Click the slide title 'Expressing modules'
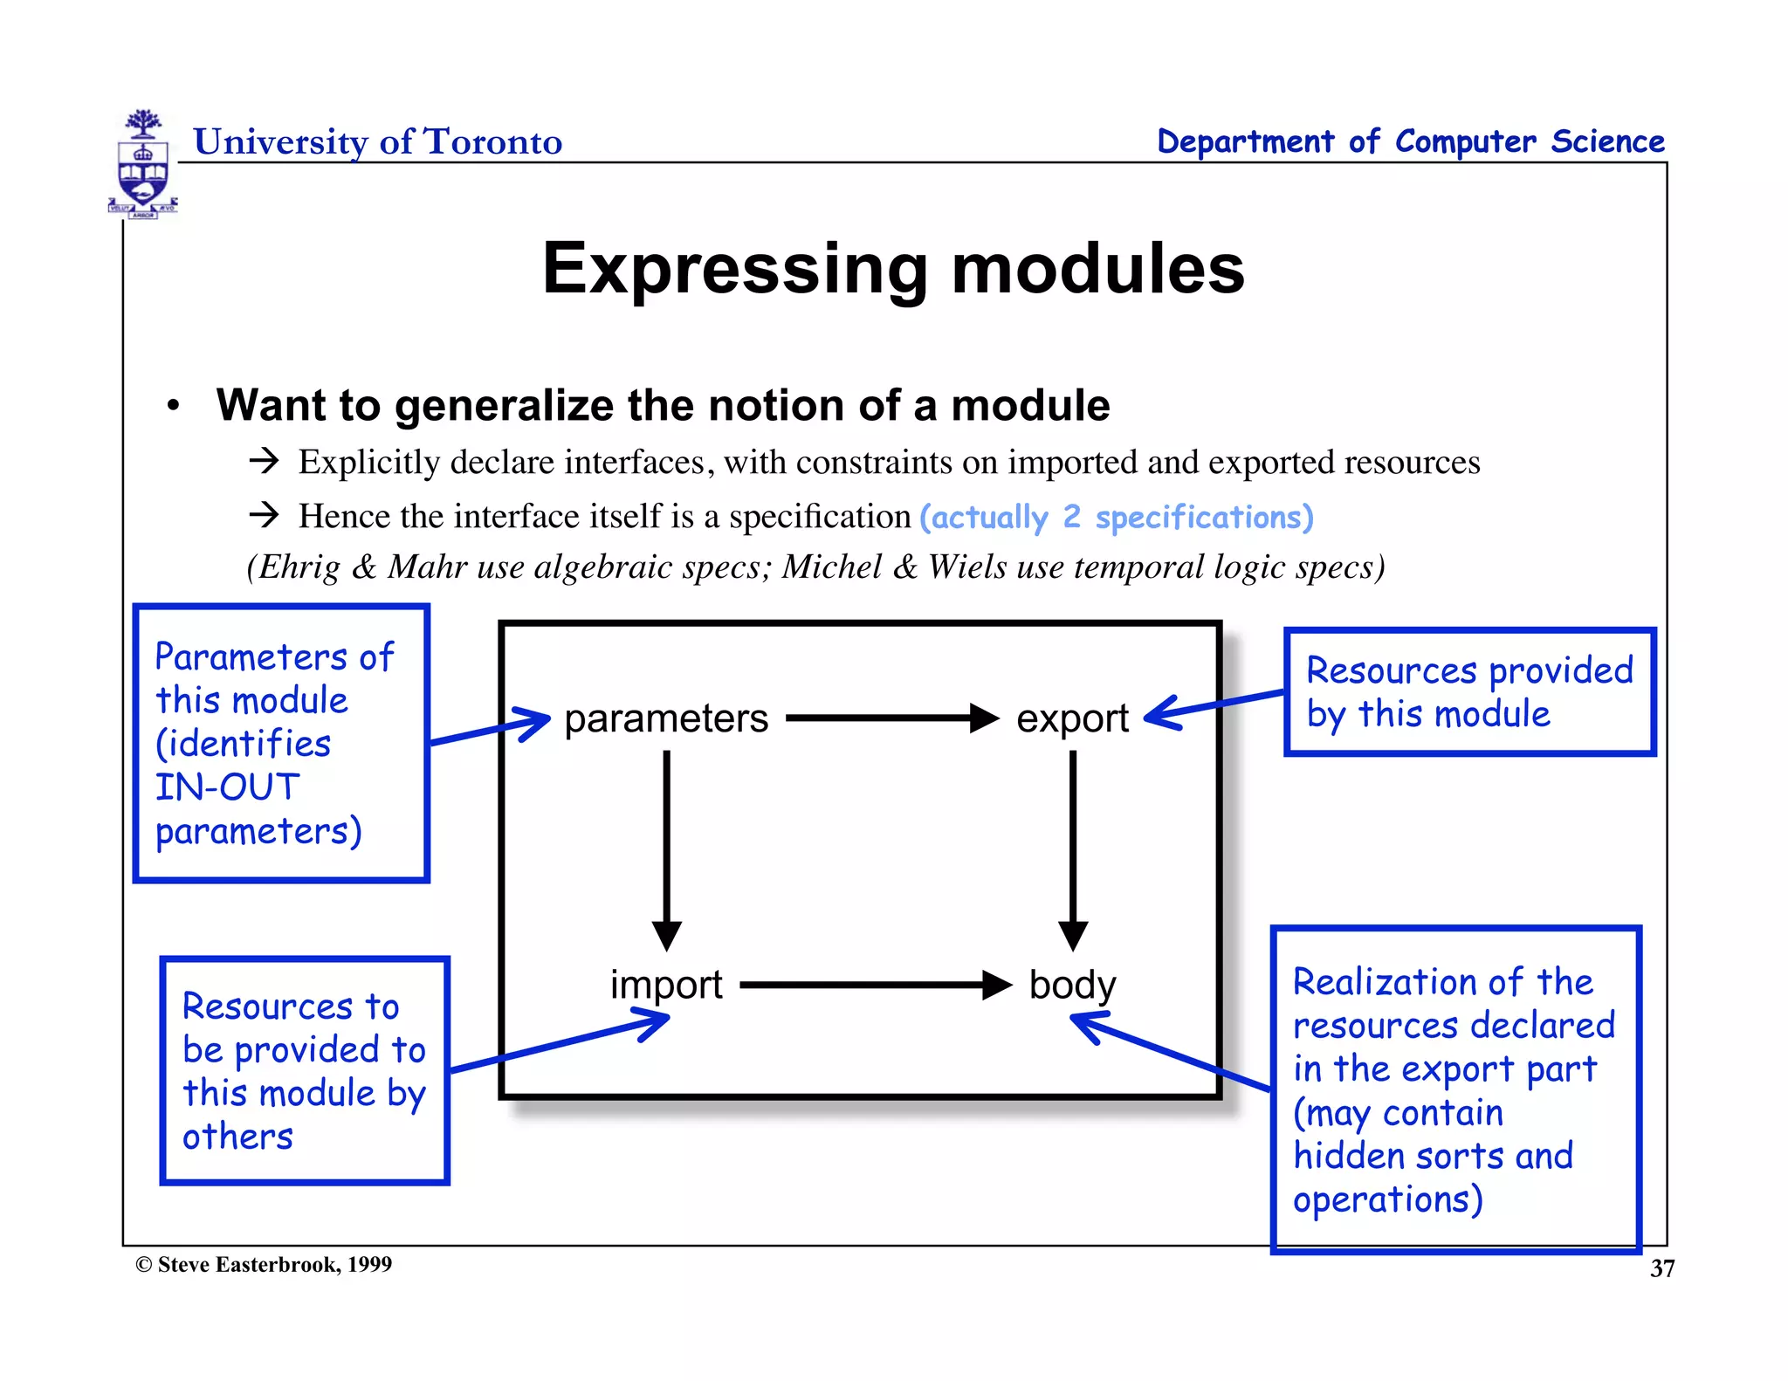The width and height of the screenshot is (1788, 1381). click(892, 268)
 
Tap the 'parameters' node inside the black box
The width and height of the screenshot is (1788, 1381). click(665, 718)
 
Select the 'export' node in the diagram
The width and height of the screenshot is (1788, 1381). click(1072, 718)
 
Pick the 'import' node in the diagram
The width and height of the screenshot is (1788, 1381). click(665, 985)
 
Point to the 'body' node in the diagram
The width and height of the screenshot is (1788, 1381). click(1072, 985)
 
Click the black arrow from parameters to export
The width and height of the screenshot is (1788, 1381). click(891, 718)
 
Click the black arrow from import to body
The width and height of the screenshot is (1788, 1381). click(873, 985)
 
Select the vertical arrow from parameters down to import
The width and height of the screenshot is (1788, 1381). click(666, 847)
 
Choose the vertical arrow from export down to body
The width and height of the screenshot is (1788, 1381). click(1073, 847)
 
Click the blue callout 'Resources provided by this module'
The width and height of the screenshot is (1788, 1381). click(1469, 691)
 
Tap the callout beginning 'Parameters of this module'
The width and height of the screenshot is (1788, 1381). click(280, 743)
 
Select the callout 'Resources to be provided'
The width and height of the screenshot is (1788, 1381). click(304, 1070)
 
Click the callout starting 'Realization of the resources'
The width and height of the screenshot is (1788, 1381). click(1454, 1089)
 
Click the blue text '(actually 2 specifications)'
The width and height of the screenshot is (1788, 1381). click(1116, 517)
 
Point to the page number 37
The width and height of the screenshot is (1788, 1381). click(1661, 1268)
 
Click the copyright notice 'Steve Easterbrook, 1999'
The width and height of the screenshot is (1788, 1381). click(264, 1264)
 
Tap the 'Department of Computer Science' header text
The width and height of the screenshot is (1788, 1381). click(1410, 141)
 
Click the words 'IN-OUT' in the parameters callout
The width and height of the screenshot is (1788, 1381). click(227, 787)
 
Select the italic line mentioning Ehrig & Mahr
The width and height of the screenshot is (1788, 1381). click(815, 567)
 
